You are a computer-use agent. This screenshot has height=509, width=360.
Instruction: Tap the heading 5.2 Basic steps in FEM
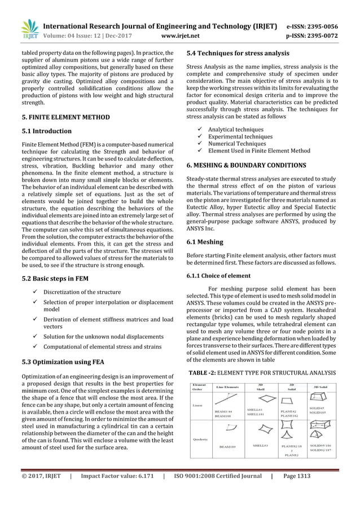pos(51,278)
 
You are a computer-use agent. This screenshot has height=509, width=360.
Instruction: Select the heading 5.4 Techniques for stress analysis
pos(238,53)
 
